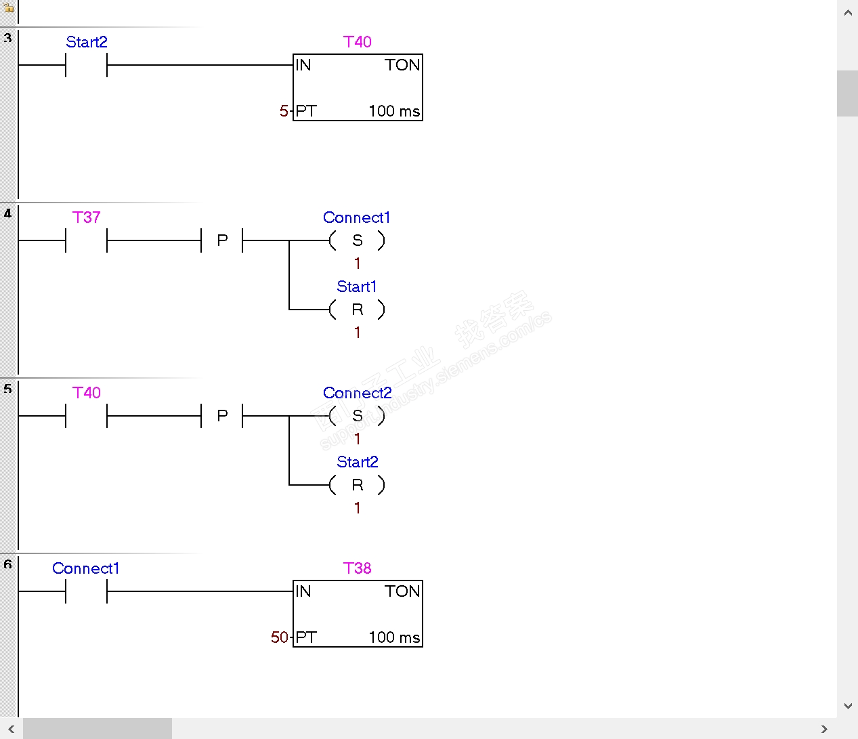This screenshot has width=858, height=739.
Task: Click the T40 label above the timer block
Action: [x=357, y=42]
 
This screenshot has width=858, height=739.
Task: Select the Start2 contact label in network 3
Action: [x=86, y=42]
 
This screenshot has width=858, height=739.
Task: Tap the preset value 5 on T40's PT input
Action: [x=284, y=111]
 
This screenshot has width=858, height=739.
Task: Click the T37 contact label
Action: [x=86, y=217]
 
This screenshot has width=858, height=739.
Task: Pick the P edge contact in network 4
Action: [x=222, y=240]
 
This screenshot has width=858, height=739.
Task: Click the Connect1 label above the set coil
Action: [x=356, y=217]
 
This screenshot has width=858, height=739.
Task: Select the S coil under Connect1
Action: [x=357, y=240]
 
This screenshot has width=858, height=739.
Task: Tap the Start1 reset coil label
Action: [x=356, y=287]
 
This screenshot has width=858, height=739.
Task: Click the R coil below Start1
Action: [x=357, y=310]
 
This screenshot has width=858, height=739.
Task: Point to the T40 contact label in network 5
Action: [x=86, y=393]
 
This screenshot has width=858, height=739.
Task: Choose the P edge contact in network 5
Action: [x=222, y=416]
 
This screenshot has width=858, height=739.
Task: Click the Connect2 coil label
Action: [x=357, y=393]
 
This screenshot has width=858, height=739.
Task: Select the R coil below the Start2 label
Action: [x=357, y=485]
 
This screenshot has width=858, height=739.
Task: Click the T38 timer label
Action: [x=357, y=568]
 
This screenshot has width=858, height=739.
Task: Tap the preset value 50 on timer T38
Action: [x=280, y=637]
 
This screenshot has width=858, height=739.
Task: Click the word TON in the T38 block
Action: [x=402, y=591]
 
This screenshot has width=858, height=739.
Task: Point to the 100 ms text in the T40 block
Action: [x=394, y=111]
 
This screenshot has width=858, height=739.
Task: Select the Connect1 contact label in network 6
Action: [x=85, y=568]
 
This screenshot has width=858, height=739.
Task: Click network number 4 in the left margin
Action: [x=7, y=213]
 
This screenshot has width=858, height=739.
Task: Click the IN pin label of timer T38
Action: [x=303, y=591]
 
